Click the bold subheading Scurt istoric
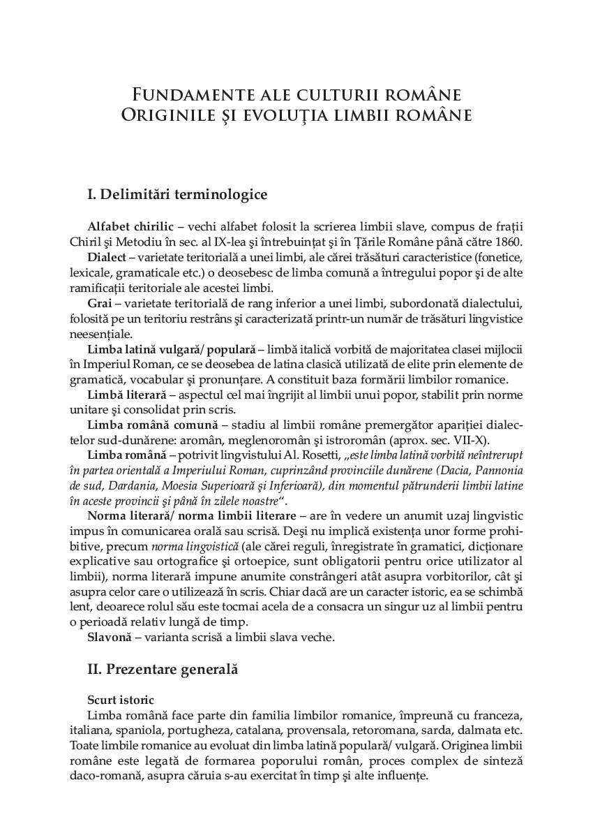tap(121, 700)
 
